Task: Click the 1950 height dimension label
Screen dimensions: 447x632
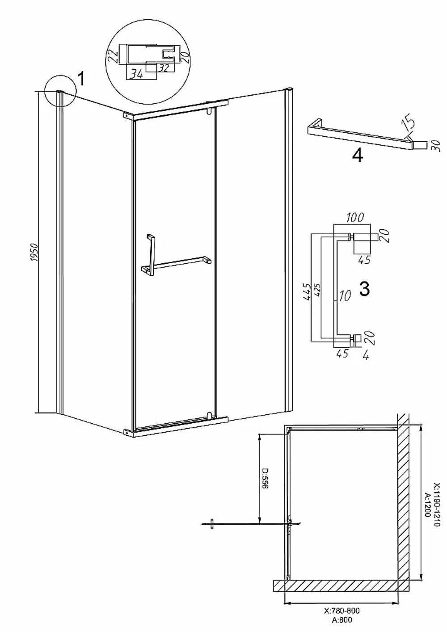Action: pyautogui.click(x=34, y=252)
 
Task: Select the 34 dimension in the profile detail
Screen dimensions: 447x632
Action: pyautogui.click(x=137, y=75)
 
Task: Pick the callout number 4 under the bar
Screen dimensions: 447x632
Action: pyautogui.click(x=358, y=156)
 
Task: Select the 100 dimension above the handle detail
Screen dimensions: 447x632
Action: pyautogui.click(x=355, y=218)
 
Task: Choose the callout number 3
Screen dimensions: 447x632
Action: pyautogui.click(x=365, y=289)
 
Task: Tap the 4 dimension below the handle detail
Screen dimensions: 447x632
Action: pyautogui.click(x=366, y=357)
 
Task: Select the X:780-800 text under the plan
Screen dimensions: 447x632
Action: pyautogui.click(x=342, y=611)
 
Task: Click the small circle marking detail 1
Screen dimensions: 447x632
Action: pyautogui.click(x=60, y=91)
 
